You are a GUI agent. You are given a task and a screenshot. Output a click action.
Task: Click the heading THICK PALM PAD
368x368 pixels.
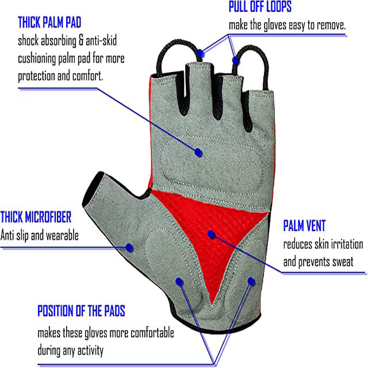click(49, 23)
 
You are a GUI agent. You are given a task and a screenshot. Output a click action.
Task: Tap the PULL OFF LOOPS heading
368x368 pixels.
click(260, 7)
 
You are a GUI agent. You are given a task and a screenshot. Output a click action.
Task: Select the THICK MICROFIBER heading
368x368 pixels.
click(36, 217)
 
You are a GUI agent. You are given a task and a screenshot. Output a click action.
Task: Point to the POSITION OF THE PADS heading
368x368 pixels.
click(81, 312)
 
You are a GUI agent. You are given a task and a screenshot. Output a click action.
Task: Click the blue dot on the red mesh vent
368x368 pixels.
click(211, 235)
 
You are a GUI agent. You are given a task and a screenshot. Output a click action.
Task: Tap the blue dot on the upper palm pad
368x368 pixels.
click(198, 152)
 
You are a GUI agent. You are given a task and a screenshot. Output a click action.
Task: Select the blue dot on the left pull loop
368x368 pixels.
click(200, 53)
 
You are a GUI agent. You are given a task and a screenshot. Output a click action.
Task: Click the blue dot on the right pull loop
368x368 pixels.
click(235, 59)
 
